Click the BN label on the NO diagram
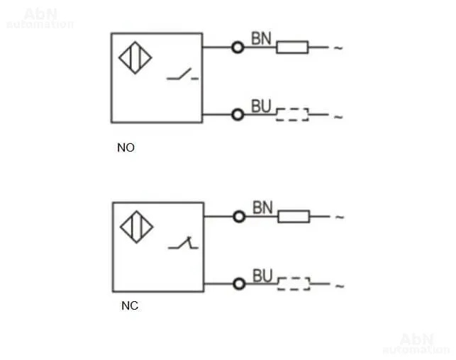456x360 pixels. coord(261,38)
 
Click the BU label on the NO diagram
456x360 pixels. coord(261,106)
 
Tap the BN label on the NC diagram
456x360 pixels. coord(262,208)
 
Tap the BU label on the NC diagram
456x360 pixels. coord(262,276)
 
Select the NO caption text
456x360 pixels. coord(126,147)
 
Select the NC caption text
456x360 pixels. coord(130,305)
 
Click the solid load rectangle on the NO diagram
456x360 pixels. coord(292,47)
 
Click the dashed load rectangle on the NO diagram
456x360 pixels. coord(292,115)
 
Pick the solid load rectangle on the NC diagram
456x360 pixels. coord(294,216)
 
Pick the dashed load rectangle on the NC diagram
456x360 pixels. coord(294,283)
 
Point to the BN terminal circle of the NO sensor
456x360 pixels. coord(238,47)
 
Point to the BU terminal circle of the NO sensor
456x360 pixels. coord(238,115)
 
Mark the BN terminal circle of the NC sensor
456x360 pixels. coord(239,217)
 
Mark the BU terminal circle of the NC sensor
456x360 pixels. coord(239,284)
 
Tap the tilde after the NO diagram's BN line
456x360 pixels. coord(338,48)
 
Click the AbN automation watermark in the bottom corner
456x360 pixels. coord(416,344)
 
